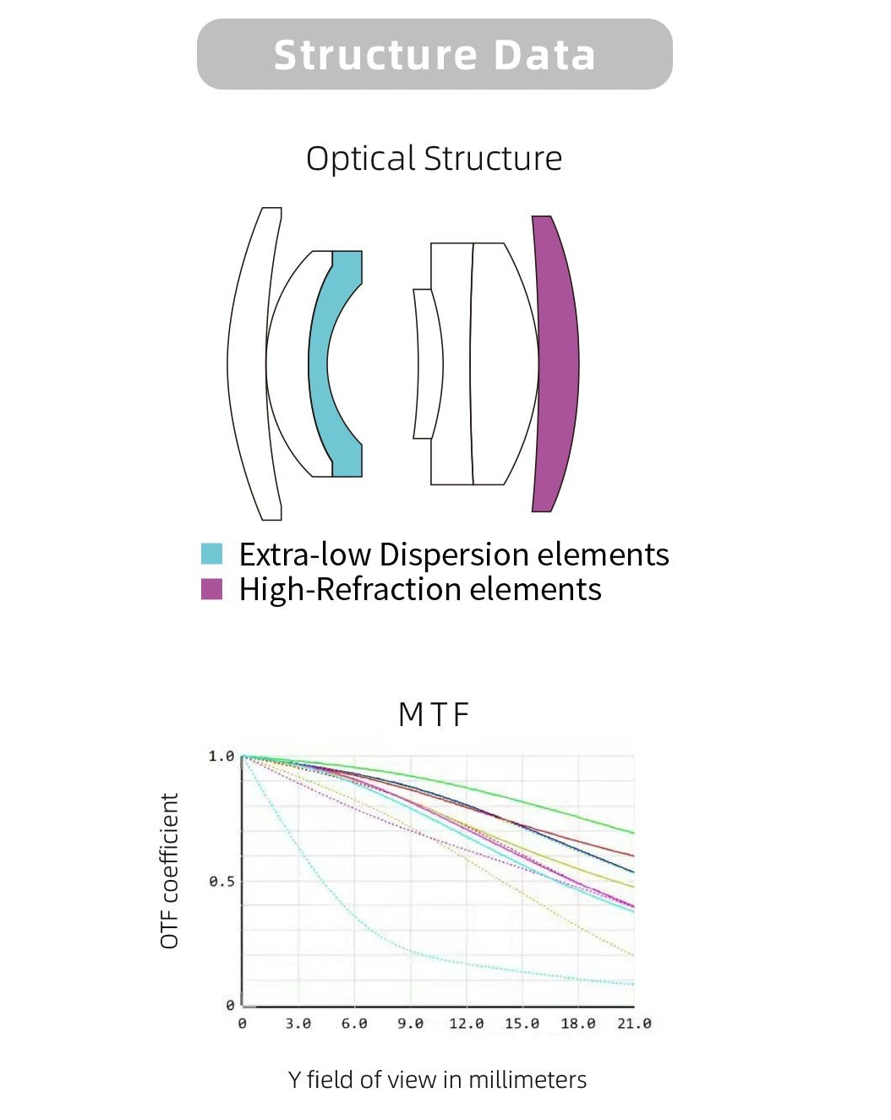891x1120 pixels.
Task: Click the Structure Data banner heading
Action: [434, 55]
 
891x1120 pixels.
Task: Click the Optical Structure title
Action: [434, 158]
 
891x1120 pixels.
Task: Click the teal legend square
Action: [212, 554]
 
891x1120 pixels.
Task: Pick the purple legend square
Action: [212, 588]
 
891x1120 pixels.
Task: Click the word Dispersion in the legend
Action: [454, 554]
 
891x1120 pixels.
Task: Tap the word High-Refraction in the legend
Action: [350, 589]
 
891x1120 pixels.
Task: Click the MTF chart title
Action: [434, 714]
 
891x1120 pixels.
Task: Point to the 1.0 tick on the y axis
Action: [221, 757]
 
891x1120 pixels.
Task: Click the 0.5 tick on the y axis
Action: [221, 881]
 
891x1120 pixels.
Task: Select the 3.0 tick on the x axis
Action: [298, 1024]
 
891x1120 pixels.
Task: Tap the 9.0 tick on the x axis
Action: [410, 1024]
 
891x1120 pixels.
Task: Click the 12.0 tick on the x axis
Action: [467, 1024]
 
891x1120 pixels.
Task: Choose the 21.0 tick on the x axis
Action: [634, 1024]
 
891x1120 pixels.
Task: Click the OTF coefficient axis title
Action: [170, 871]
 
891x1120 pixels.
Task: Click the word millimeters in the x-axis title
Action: [527, 1080]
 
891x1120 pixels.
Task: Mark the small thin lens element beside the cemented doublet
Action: [428, 363]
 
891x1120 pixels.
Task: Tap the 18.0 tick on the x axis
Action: [577, 1024]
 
